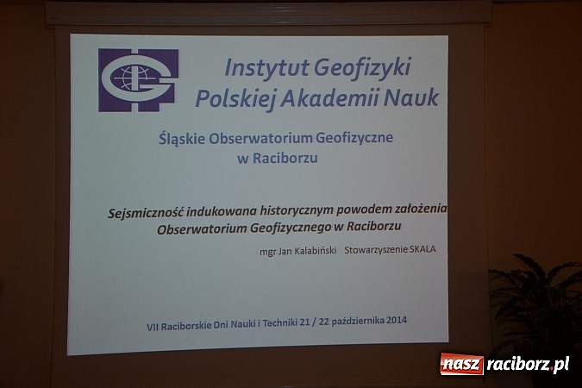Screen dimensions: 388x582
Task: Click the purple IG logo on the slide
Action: (x=139, y=80)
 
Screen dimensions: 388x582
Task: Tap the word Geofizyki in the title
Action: (x=362, y=67)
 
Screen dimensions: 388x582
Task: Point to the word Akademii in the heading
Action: (x=332, y=97)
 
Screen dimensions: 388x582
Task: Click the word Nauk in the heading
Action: (x=412, y=97)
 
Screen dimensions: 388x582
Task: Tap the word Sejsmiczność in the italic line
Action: (x=150, y=210)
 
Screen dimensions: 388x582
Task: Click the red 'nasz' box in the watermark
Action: (x=462, y=364)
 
